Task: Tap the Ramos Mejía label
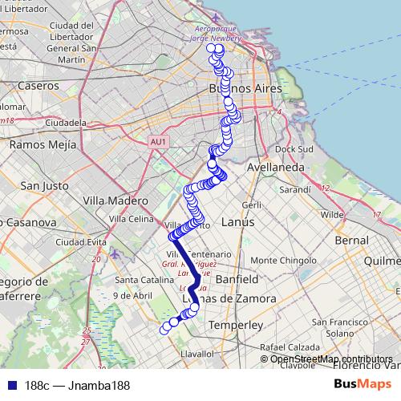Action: click(42, 145)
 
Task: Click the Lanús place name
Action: click(238, 221)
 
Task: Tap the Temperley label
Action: click(235, 325)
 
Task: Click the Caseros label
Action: click(38, 84)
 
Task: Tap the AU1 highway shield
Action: click(158, 142)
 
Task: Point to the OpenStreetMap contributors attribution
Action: click(330, 358)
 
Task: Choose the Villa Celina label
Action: click(131, 218)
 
